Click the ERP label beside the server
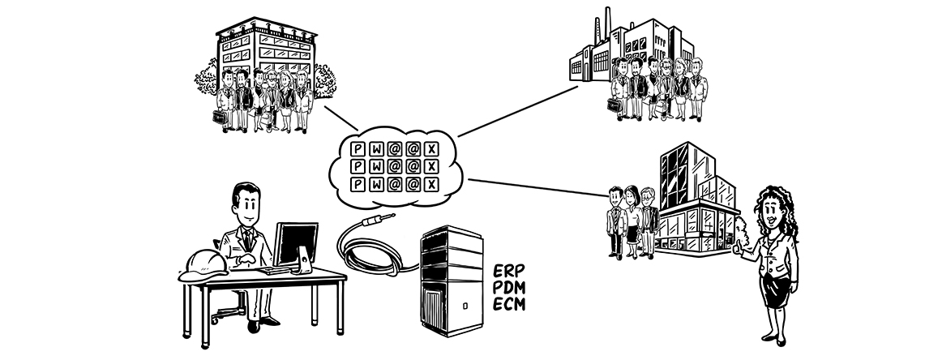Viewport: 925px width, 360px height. pos(508,271)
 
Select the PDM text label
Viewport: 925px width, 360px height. pos(510,287)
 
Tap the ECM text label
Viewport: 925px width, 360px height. pos(510,304)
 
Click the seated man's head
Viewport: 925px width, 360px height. pos(245,204)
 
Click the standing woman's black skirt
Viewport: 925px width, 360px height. pos(773,291)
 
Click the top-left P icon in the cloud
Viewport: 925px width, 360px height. pos(356,149)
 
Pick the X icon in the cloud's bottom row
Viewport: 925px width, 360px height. pos(431,185)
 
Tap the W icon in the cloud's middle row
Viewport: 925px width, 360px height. pos(375,167)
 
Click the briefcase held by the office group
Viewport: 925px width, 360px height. pos(218,117)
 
